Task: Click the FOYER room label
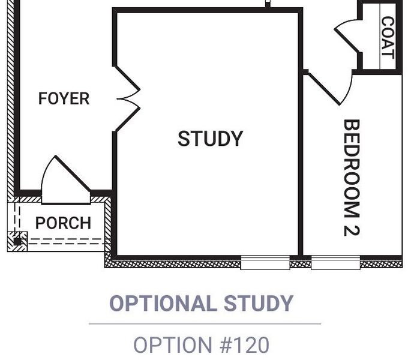[x=64, y=98]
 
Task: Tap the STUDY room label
[x=210, y=139]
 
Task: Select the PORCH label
[x=63, y=223]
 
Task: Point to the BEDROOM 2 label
[x=352, y=178]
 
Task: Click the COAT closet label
[x=388, y=38]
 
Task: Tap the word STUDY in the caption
[x=259, y=303]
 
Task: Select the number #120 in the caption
[x=244, y=345]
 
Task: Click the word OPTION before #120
[x=173, y=345]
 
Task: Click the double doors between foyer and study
[x=128, y=99]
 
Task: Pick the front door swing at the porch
[x=65, y=179]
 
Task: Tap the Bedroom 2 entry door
[x=329, y=87]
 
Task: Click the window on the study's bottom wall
[x=265, y=262]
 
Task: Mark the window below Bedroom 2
[x=335, y=262]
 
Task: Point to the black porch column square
[x=17, y=242]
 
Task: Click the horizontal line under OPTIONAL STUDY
[x=205, y=324]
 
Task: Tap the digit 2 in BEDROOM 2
[x=352, y=231]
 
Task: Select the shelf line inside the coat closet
[x=380, y=37]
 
